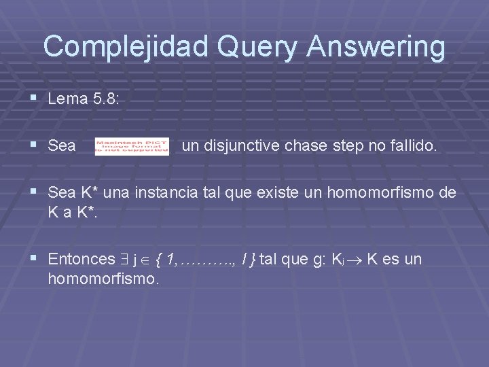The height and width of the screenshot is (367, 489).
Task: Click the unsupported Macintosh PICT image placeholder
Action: (132, 146)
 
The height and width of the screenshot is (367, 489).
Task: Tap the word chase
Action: (297, 145)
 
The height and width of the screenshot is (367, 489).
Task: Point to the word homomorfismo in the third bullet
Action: (382, 192)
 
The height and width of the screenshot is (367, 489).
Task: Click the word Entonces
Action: (81, 259)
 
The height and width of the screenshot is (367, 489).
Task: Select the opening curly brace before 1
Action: (159, 259)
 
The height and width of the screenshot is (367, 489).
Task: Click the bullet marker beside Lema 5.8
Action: (35, 99)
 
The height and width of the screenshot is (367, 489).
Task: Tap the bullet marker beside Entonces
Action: (35, 259)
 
